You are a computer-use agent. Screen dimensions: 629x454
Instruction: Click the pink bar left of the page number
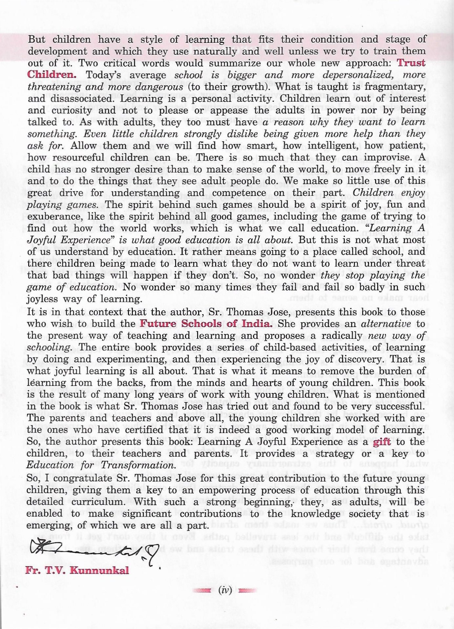pos(203,591)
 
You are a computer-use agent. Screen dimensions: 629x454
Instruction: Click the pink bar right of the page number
pos(247,591)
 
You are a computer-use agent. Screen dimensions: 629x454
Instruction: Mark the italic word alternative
pos(385,324)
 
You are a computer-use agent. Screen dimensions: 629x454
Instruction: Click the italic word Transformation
pos(139,465)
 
